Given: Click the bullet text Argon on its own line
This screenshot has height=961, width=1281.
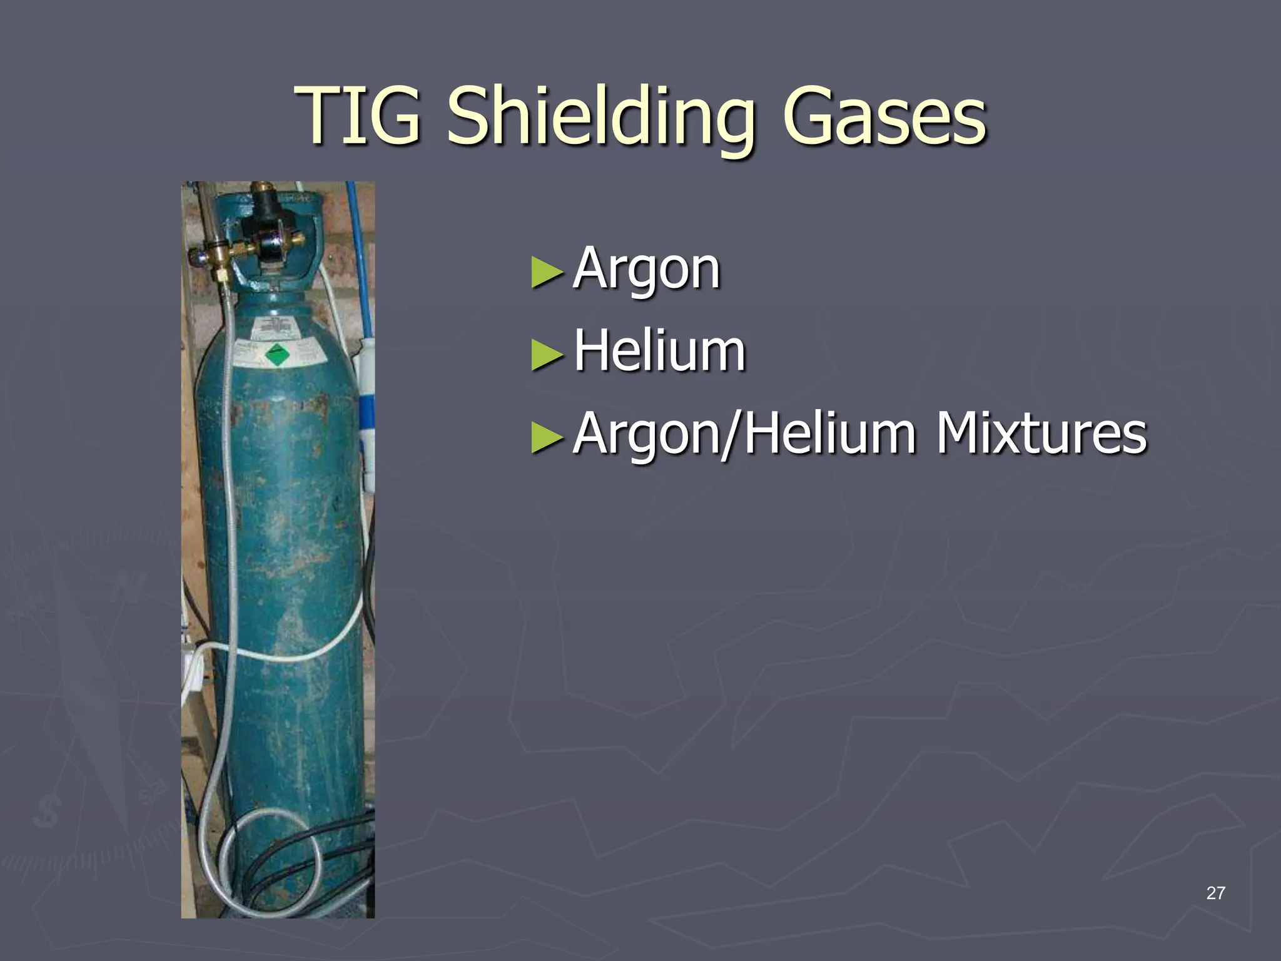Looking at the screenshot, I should (647, 269).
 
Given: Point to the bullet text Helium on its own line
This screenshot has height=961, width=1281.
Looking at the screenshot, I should (659, 351).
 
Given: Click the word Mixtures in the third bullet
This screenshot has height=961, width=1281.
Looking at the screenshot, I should (1041, 433).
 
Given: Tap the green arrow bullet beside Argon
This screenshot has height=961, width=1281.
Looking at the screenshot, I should (547, 273).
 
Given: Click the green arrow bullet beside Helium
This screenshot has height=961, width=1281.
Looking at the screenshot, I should (547, 355).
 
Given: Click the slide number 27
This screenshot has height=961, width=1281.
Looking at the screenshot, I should (1215, 893).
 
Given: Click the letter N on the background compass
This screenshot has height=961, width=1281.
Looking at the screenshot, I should (129, 588).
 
